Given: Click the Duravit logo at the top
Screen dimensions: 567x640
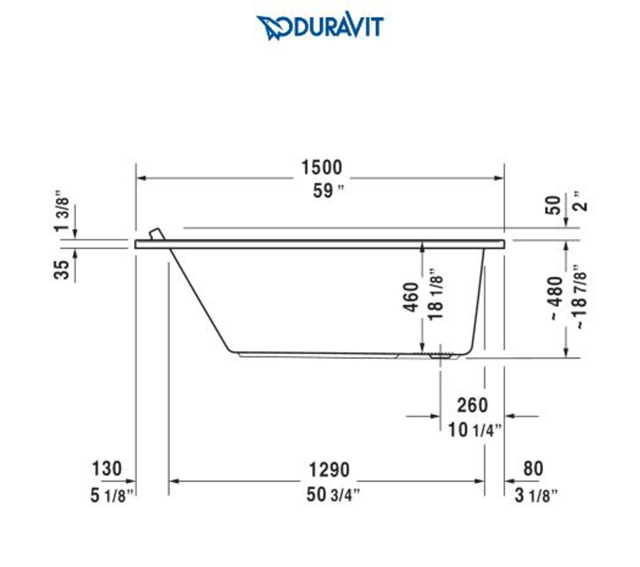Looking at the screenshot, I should tap(320, 26).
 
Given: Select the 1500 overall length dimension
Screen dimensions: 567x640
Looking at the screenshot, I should tap(321, 167).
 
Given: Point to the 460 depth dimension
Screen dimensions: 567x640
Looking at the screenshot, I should tap(411, 297).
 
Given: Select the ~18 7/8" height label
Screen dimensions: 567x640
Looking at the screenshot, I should tap(579, 296).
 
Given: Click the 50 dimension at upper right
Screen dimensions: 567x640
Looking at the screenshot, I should tap(553, 205).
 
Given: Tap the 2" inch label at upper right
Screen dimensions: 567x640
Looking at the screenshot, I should tap(581, 201).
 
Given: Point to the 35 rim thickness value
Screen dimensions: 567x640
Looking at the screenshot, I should tap(62, 270).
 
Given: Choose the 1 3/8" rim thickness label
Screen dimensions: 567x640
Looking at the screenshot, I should tap(62, 210).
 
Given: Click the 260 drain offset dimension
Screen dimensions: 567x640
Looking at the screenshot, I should tap(472, 405).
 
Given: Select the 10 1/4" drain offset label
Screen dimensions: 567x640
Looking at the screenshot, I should tap(474, 429).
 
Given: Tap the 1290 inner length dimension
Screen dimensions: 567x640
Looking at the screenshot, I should tap(328, 470).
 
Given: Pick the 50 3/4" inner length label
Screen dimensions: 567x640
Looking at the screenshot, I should tap(332, 494).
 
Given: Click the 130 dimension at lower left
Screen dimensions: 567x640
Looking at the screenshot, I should tap(106, 469).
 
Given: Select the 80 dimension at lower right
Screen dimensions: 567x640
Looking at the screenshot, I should tap(533, 468).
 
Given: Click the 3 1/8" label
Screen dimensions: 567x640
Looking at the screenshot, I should tap(535, 495).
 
